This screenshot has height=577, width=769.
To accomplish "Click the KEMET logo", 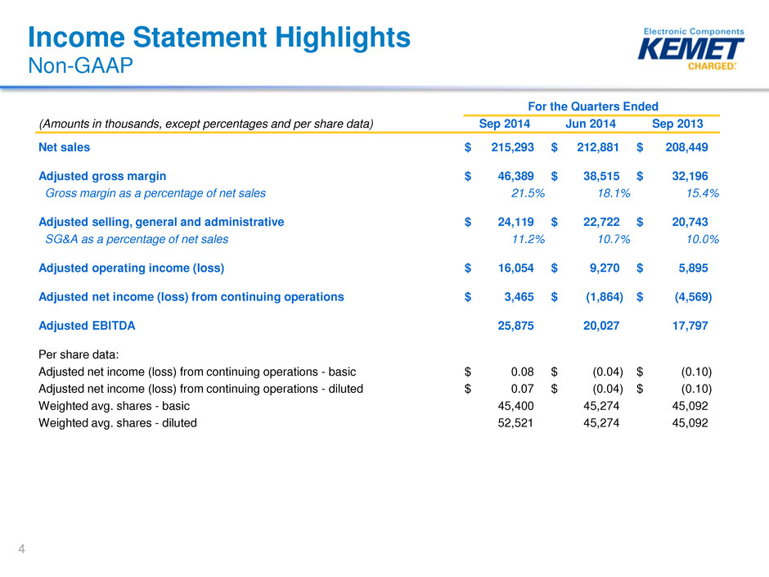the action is tap(690, 49).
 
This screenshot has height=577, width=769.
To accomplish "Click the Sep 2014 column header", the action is tap(504, 124).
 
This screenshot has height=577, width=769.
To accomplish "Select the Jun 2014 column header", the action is tap(591, 124).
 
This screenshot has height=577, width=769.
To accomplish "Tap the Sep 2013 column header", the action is tap(677, 124).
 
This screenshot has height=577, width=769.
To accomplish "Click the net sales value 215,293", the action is tap(512, 147).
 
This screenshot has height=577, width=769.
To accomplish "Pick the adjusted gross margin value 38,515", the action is tap(601, 176).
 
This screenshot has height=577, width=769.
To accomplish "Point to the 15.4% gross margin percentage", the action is tap(702, 193).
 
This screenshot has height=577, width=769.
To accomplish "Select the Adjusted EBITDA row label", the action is tap(87, 326).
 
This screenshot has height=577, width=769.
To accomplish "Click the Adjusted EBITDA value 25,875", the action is tap(515, 326).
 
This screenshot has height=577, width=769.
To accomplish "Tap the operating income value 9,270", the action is tap(605, 268).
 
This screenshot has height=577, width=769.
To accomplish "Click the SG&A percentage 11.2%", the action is tap(528, 240).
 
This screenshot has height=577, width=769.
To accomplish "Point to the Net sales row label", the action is tap(65, 147).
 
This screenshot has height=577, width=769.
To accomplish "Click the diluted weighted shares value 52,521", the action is tap(515, 423).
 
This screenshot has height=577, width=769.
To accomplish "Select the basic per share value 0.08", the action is tap(522, 372).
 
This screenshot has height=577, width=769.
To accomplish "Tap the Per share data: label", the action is tap(79, 354).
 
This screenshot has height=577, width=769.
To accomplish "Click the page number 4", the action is tap(21, 549).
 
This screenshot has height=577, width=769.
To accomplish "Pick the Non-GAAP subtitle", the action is tap(80, 65).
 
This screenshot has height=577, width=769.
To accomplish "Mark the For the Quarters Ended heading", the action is tap(593, 106).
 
